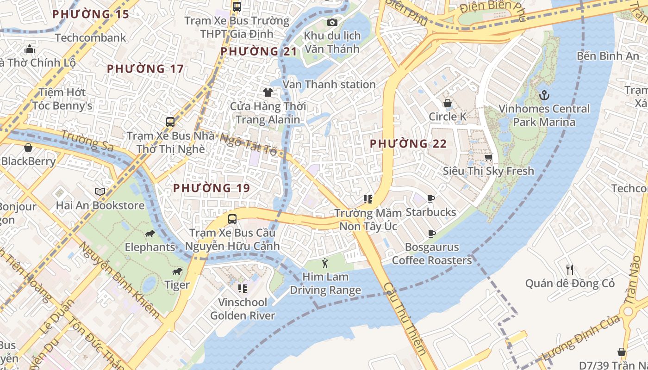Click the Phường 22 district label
[x=408, y=144]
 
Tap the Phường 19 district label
[x=212, y=188]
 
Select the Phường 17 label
[x=145, y=69]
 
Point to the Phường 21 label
[x=258, y=51]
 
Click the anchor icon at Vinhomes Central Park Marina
[x=544, y=96]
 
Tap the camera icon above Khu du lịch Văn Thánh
[x=332, y=22]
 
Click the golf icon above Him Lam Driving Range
[x=325, y=264]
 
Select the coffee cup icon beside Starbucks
[x=431, y=199]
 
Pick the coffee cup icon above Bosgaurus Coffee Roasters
[x=431, y=234]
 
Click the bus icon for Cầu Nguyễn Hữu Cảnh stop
[x=232, y=219]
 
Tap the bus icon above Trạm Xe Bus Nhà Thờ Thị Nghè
[x=170, y=122]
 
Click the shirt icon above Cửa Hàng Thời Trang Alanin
[x=268, y=92]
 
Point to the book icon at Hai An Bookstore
[x=100, y=191]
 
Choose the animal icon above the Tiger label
[x=177, y=271]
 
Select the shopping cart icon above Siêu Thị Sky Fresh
[x=488, y=157]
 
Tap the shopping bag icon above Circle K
[x=448, y=103]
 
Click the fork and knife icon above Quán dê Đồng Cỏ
[x=570, y=269]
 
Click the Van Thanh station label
[x=329, y=85]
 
